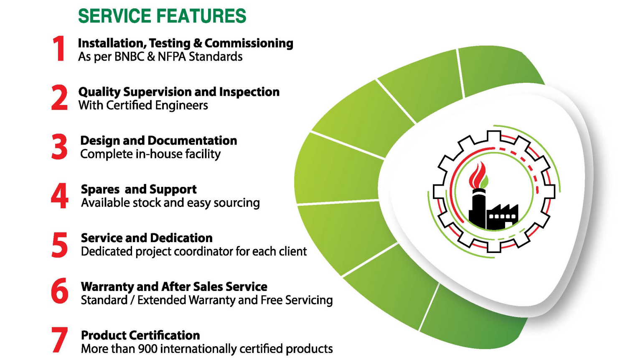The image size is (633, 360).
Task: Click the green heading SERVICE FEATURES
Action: tap(162, 16)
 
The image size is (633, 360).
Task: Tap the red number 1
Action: tap(58, 49)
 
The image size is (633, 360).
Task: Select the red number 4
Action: tap(60, 196)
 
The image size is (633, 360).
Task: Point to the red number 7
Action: tap(60, 340)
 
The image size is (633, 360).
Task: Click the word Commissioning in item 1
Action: tap(249, 43)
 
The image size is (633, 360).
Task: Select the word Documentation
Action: tap(192, 140)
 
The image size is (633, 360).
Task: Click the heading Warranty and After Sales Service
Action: tap(174, 287)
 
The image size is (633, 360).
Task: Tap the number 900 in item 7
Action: tap(147, 349)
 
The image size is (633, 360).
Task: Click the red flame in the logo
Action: tap(477, 175)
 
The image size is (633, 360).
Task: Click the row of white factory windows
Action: tap(502, 217)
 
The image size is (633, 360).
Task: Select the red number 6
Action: tap(60, 291)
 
